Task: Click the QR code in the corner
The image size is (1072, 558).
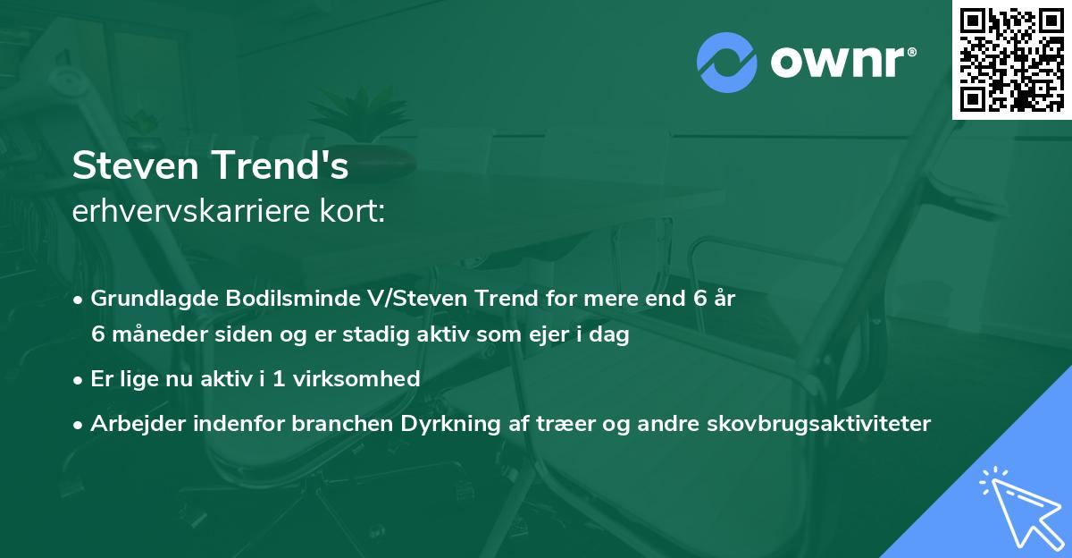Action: click(x=1011, y=60)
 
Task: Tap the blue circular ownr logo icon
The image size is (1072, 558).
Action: click(x=726, y=63)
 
